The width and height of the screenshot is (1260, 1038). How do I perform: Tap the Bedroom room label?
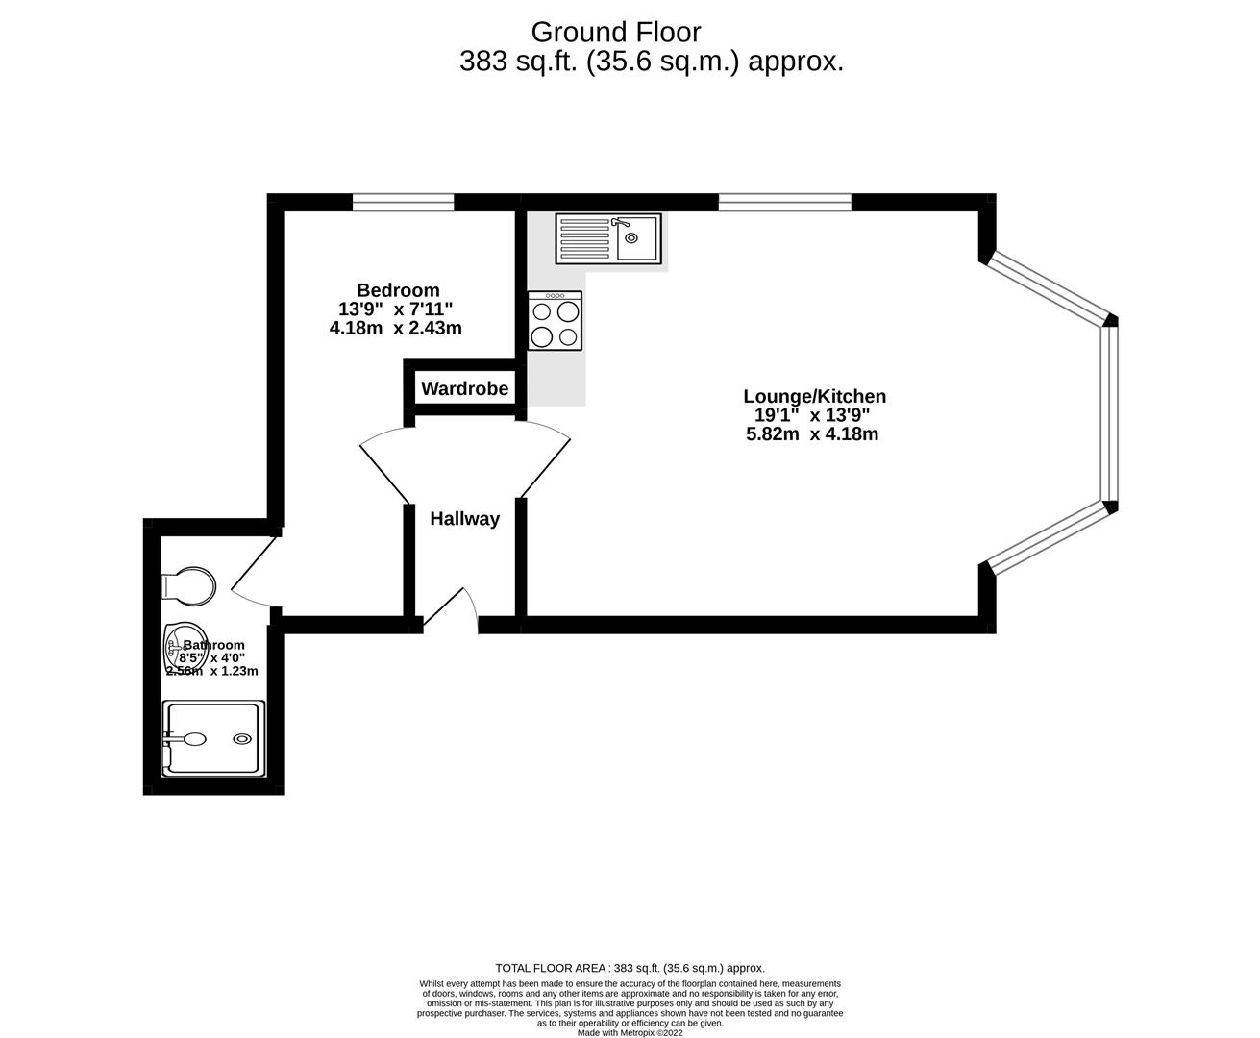pyautogui.click(x=398, y=290)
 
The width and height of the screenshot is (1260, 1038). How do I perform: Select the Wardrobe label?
pyautogui.click(x=464, y=389)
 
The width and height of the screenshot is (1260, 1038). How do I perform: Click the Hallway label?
pyautogui.click(x=464, y=519)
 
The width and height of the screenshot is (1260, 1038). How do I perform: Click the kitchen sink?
pyautogui.click(x=607, y=238)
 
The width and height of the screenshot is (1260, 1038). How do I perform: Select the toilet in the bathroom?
pyautogui.click(x=190, y=584)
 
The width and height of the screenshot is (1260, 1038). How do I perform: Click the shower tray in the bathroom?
pyautogui.click(x=212, y=738)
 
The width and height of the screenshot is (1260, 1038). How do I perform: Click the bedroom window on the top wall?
pyautogui.click(x=403, y=202)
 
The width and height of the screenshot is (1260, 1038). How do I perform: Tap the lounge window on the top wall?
pyautogui.click(x=784, y=202)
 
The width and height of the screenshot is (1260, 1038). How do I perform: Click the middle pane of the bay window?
pyautogui.click(x=1109, y=415)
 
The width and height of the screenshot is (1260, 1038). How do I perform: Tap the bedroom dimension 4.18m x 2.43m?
pyautogui.click(x=395, y=328)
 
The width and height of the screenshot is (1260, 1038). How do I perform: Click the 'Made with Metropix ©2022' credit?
pyautogui.click(x=630, y=1033)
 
